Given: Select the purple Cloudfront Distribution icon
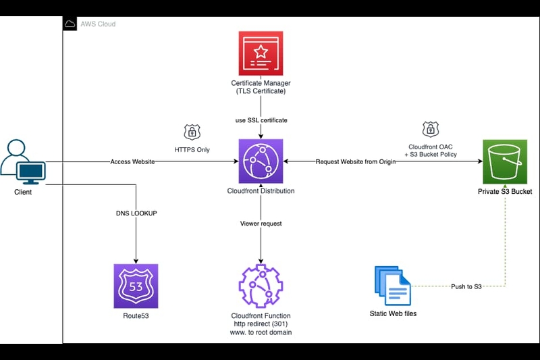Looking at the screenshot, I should (x=261, y=161).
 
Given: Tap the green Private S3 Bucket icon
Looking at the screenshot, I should (x=505, y=161).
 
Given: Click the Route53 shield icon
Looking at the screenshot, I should (x=136, y=286).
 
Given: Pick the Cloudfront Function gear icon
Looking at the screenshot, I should (x=261, y=286).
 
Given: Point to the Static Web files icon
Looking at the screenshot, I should (x=393, y=286).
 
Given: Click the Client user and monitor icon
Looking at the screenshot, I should (x=23, y=163).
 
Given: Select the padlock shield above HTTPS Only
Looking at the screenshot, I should (x=192, y=132).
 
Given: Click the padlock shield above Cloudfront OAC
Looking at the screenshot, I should (x=429, y=129).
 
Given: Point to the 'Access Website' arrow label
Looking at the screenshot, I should (x=133, y=162).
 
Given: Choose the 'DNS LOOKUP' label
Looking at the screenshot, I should (x=136, y=213).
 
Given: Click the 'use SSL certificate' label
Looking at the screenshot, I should (x=261, y=120).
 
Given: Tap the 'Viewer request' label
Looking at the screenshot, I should (x=261, y=223).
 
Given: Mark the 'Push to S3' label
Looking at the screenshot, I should (x=466, y=286).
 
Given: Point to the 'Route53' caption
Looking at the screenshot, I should (x=136, y=315).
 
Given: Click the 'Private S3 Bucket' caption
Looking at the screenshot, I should (x=505, y=192).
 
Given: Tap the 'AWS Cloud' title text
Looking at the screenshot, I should (x=99, y=24).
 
